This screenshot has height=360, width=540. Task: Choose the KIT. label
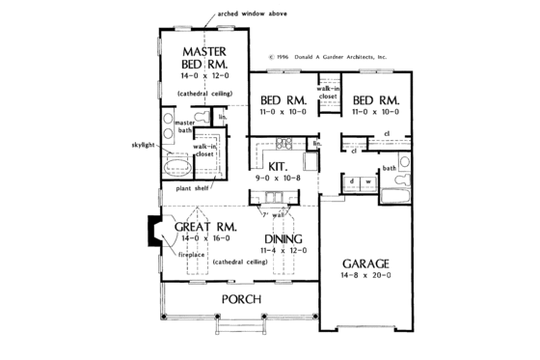click(281, 165)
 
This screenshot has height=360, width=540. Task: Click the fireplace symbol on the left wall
click(154, 232)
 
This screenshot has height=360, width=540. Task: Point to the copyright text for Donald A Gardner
click(327, 57)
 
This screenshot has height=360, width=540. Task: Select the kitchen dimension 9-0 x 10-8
click(281, 177)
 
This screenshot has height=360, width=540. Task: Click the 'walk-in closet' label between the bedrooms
click(328, 93)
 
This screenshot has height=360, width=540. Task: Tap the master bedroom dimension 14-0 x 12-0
click(204, 74)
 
